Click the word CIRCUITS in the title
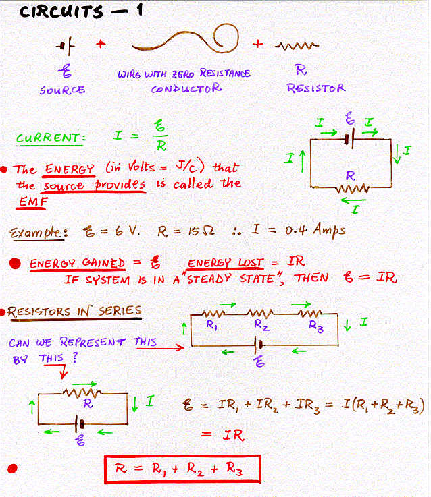click(x=61, y=11)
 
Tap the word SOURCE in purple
click(x=63, y=90)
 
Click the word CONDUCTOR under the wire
click(x=186, y=88)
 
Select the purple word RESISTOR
click(x=316, y=88)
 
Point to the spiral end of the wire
click(x=226, y=38)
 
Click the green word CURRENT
click(x=50, y=138)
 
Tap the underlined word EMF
click(x=33, y=201)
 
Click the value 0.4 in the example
click(x=296, y=231)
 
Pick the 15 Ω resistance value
click(x=201, y=231)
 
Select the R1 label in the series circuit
click(x=211, y=325)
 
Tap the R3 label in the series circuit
click(x=316, y=326)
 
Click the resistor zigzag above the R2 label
click(x=260, y=314)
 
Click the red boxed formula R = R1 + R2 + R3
click(x=182, y=469)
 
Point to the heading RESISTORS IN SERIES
click(x=74, y=312)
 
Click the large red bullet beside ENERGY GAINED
click(x=15, y=264)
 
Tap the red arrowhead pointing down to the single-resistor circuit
click(x=64, y=375)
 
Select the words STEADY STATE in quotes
click(x=231, y=279)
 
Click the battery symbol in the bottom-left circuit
click(x=80, y=423)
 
